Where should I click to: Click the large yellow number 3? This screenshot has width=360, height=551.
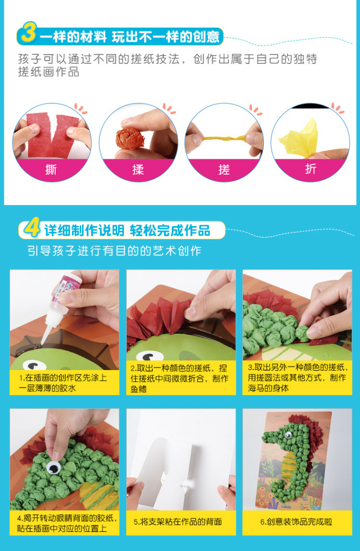click(x=28, y=34)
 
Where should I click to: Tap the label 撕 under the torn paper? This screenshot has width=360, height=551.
click(x=51, y=170)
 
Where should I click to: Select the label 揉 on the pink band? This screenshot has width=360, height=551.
click(x=138, y=170)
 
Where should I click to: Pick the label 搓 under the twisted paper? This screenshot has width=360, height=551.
click(x=224, y=170)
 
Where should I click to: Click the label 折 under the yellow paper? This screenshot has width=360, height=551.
click(x=311, y=170)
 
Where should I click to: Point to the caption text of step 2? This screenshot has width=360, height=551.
click(x=181, y=378)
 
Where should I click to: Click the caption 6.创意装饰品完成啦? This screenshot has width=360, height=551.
click(x=297, y=522)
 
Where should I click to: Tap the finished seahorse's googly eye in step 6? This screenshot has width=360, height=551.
click(x=288, y=435)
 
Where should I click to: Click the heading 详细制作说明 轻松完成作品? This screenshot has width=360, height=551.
click(x=128, y=230)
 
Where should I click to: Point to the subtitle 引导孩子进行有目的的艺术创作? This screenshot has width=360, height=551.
click(x=114, y=251)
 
